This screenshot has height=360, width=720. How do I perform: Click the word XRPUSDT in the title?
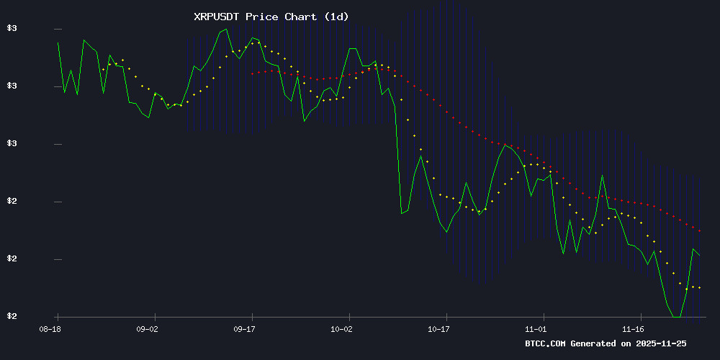217,16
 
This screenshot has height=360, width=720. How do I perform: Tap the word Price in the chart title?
261,16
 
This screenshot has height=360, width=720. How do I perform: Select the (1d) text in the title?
336,16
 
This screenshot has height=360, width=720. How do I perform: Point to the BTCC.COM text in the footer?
546,343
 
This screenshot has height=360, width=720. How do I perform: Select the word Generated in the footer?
597,343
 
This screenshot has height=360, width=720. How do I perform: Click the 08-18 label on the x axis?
50,328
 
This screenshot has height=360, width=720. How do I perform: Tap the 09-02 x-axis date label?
147,328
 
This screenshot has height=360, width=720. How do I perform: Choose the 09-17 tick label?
245,328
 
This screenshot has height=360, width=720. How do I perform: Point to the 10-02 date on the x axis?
342,328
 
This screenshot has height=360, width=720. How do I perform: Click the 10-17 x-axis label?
440,328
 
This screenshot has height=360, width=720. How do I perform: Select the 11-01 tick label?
537,328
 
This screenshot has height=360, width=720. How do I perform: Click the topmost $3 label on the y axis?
12,29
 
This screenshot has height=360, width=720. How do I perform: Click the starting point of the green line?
58,42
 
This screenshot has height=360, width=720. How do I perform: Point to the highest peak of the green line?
226,30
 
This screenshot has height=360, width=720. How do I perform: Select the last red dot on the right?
699,231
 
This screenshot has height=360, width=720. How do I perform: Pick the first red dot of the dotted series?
252,73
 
